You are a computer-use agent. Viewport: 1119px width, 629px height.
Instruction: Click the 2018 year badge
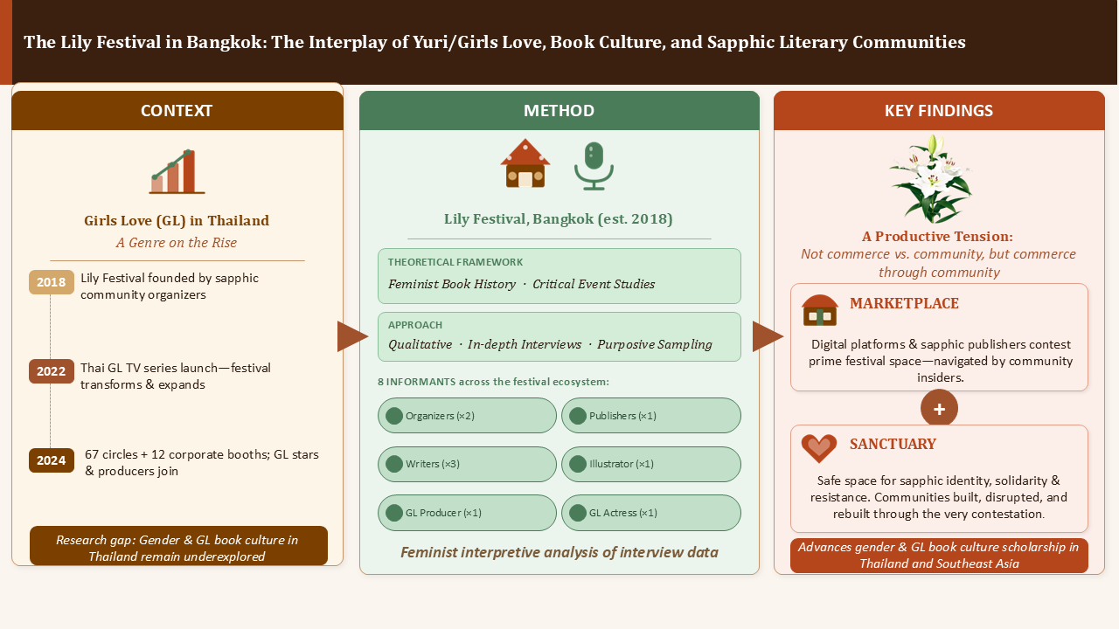coord(52,282)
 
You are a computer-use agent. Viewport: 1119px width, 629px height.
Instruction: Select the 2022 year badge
coord(52,371)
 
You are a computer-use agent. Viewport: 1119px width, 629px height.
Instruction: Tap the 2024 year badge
coord(52,460)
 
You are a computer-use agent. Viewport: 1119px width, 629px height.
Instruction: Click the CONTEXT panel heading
coord(177,110)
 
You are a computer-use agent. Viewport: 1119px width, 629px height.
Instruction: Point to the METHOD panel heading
coord(559,110)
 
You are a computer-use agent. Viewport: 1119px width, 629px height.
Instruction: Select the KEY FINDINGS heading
coord(939,110)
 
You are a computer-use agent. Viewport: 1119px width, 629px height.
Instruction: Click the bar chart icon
coord(177,171)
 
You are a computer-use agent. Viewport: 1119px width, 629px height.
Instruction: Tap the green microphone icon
coord(594,166)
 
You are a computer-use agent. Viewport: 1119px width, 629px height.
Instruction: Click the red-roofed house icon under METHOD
coord(525,163)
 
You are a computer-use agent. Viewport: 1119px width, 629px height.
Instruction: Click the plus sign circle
coord(939,409)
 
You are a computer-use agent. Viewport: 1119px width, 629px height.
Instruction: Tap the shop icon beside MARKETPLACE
coord(820,310)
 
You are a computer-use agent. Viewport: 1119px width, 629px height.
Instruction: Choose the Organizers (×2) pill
coord(467,415)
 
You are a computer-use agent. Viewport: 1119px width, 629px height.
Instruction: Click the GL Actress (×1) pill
coord(651,513)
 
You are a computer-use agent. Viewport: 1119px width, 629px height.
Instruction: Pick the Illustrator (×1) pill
coord(651,464)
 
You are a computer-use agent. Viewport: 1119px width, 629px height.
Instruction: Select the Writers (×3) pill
coord(467,464)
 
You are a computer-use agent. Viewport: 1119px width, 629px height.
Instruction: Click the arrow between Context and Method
coord(352,336)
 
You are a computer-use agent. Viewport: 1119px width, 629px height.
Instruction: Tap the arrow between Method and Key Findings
coord(768,336)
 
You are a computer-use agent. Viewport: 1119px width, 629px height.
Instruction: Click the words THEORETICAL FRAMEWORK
coord(455,262)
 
